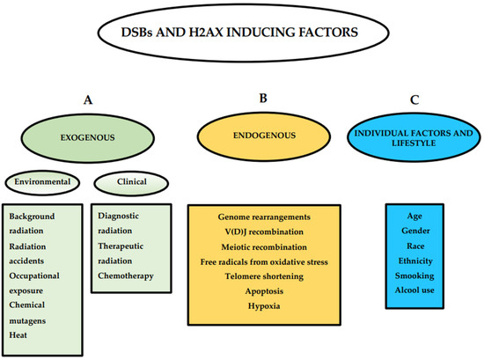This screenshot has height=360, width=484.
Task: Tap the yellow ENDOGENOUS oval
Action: coord(252,137)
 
